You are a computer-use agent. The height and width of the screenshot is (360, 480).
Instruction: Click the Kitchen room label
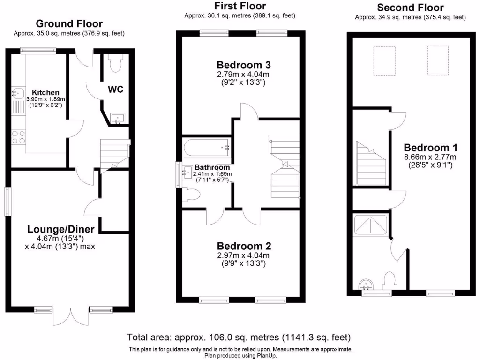(45, 92)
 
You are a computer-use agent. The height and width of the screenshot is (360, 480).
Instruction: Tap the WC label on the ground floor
(116, 89)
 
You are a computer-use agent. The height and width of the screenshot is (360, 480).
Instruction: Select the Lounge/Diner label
(61, 229)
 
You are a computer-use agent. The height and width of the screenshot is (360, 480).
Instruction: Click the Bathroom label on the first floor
(212, 167)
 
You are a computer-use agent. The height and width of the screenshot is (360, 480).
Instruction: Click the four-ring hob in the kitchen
(19, 137)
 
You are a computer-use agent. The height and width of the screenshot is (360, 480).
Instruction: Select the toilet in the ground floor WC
(114, 60)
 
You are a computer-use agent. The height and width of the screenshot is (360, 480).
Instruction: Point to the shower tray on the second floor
(371, 225)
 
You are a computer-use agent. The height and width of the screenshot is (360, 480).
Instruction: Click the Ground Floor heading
(69, 23)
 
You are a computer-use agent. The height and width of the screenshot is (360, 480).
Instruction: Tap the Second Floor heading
(410, 7)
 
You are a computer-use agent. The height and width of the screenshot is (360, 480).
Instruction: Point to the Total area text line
(239, 337)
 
